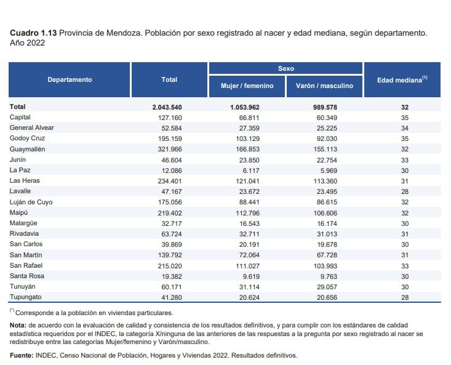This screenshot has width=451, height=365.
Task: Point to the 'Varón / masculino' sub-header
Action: [324, 86]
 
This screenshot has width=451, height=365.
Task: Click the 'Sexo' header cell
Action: [285, 68]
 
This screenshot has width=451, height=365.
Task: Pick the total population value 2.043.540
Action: [167, 107]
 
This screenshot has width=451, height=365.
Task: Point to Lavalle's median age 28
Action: [404, 191]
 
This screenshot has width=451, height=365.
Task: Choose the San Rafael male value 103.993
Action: [324, 265]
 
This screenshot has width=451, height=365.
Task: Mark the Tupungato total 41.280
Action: [170, 297]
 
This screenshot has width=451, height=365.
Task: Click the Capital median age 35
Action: [404, 117]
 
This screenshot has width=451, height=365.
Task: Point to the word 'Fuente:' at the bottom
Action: [22, 355]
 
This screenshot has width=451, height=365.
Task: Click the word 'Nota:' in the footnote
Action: [18, 324]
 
